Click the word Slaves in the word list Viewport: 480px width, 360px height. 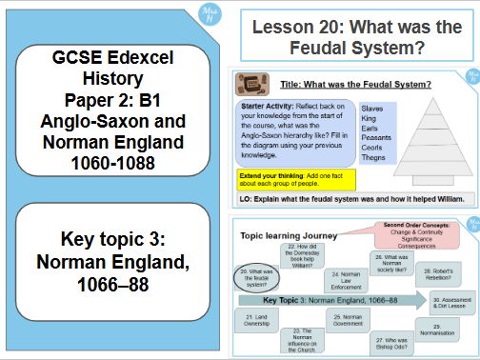pos(372,110)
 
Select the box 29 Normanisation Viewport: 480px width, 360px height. pos(444,330)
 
